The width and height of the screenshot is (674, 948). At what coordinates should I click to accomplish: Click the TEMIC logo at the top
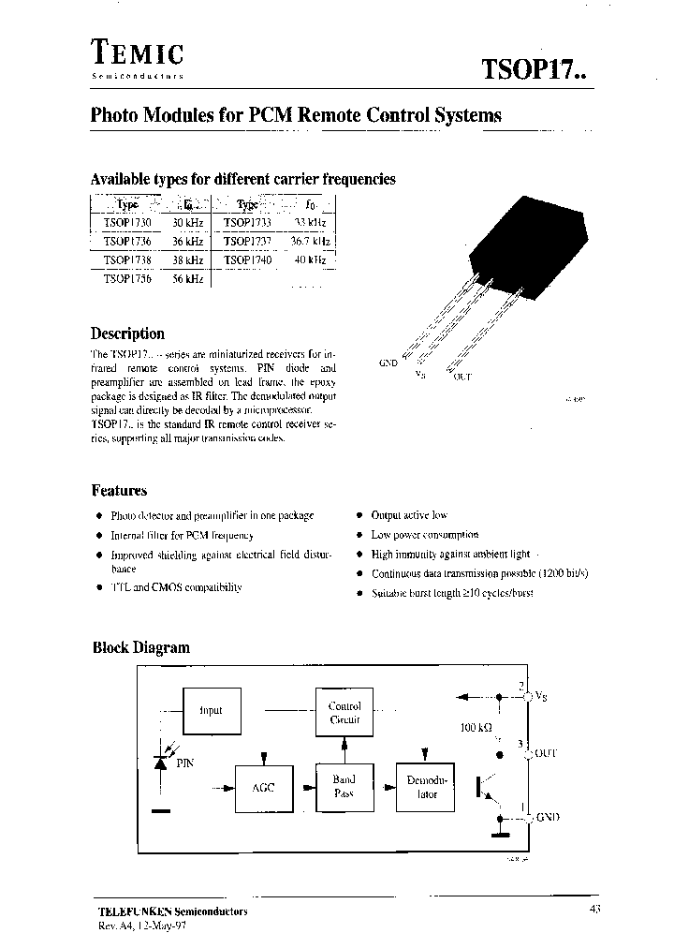pos(137,55)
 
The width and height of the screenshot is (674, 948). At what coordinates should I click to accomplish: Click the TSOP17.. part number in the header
pos(533,69)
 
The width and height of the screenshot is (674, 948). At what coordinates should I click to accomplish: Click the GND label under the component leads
pos(388,362)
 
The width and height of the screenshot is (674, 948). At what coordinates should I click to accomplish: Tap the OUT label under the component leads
pos(462,377)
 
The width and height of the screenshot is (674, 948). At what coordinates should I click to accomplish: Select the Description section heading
pos(127,333)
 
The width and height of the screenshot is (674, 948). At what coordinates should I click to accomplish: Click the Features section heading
pos(119,490)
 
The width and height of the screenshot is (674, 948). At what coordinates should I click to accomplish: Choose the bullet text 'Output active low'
pos(409,515)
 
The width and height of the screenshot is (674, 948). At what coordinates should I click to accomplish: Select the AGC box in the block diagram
pos(263,788)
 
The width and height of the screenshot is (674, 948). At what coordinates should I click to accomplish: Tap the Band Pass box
pos(344,786)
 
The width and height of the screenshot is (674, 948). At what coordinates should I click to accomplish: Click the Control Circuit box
pos(344,712)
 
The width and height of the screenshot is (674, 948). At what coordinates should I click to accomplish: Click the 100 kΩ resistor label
pos(476,727)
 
